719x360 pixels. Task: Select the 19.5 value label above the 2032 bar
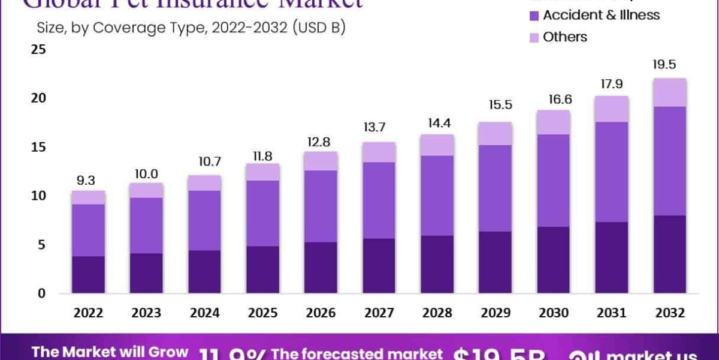pyautogui.click(x=670, y=65)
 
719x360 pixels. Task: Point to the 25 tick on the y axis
pyautogui.click(x=38, y=50)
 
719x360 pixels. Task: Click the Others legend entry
pyautogui.click(x=564, y=37)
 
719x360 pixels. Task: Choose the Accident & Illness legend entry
pyautogui.click(x=600, y=15)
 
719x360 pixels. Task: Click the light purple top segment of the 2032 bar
pyautogui.click(x=670, y=92)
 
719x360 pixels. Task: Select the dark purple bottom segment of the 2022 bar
pyautogui.click(x=88, y=275)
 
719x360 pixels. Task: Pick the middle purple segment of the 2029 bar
pyautogui.click(x=496, y=188)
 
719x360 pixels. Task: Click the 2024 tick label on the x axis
pyautogui.click(x=204, y=313)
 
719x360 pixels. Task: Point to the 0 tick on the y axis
pyautogui.click(x=41, y=293)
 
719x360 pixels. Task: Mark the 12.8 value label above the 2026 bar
pyautogui.click(x=321, y=142)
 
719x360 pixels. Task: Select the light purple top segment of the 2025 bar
pyautogui.click(x=263, y=172)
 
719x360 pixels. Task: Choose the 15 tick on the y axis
pyautogui.click(x=38, y=148)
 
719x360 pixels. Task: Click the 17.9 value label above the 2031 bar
pyautogui.click(x=612, y=83)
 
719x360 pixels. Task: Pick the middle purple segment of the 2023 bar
pyautogui.click(x=146, y=225)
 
